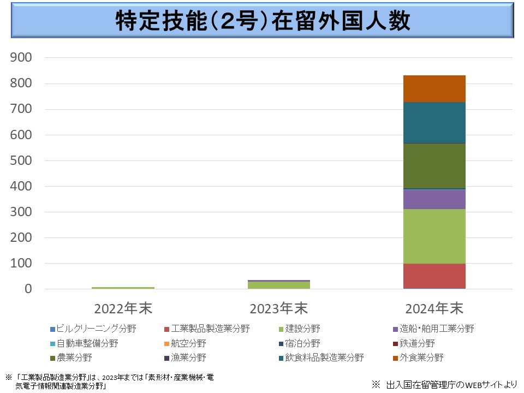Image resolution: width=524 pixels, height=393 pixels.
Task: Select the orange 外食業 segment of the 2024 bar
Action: click(x=434, y=88)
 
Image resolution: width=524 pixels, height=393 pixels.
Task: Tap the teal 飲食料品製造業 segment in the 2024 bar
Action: click(x=434, y=122)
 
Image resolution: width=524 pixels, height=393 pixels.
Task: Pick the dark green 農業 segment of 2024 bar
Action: click(x=434, y=166)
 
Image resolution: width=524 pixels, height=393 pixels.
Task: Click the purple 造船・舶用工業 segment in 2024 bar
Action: click(x=434, y=199)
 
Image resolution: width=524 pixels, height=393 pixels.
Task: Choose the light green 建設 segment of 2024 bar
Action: click(x=434, y=236)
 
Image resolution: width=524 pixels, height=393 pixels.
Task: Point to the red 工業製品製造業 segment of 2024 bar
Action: click(x=434, y=276)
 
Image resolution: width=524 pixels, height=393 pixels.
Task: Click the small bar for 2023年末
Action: click(x=279, y=284)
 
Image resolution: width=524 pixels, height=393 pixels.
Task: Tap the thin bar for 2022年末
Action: click(x=123, y=288)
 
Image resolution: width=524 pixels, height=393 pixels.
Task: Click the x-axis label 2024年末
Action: click(x=434, y=308)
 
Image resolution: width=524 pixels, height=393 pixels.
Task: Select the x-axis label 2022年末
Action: click(x=123, y=308)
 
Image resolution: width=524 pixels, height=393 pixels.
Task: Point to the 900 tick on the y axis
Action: click(x=21, y=58)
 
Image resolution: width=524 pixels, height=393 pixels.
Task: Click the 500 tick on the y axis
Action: click(x=21, y=160)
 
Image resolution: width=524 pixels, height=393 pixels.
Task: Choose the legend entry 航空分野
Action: click(x=188, y=343)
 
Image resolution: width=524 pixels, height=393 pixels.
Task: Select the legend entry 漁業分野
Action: click(x=188, y=358)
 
